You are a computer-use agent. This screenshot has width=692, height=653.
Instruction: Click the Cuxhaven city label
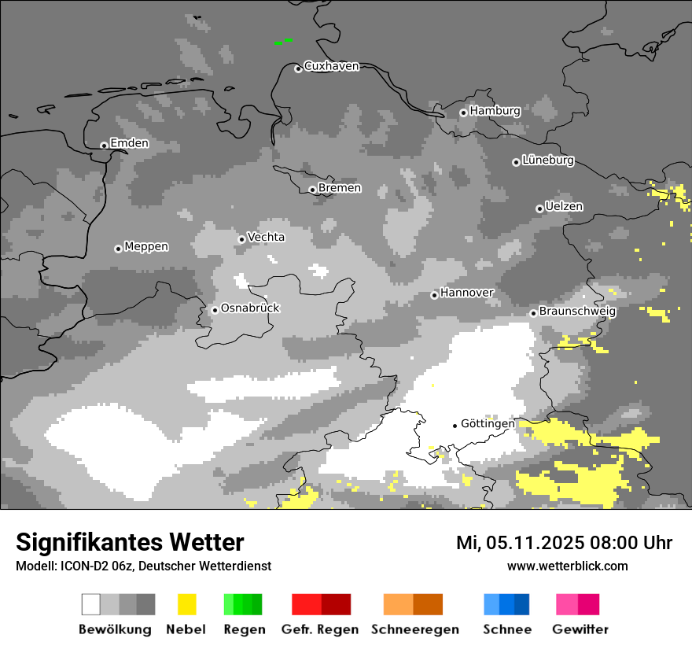[x=331, y=67]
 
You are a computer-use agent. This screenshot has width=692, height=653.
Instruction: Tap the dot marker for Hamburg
[x=463, y=113]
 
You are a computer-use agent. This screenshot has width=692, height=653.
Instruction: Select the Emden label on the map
[x=129, y=143]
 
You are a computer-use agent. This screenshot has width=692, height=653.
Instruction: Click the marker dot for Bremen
[x=312, y=190]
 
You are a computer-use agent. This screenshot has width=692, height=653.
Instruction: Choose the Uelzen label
[x=564, y=207]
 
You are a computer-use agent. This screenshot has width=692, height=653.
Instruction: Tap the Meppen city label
[x=146, y=247]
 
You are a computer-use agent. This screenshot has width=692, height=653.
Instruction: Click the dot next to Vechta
[x=241, y=239]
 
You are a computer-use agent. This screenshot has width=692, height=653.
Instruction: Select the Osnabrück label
[x=250, y=308]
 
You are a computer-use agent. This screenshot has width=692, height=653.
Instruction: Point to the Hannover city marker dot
[x=434, y=295]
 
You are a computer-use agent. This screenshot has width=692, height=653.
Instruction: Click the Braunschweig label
[x=577, y=312]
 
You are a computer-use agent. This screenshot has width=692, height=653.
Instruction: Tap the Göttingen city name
[x=488, y=424]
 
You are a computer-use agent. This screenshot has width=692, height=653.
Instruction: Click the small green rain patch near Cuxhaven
[x=283, y=42]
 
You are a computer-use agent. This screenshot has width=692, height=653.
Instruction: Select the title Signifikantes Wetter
[x=130, y=542]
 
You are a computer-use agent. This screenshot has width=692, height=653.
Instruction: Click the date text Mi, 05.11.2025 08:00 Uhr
[x=564, y=543]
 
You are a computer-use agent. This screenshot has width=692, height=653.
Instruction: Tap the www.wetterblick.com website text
[x=567, y=566]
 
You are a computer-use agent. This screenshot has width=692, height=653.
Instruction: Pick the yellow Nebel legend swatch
[x=186, y=604]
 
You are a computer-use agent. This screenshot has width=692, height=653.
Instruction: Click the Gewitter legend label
[x=580, y=629]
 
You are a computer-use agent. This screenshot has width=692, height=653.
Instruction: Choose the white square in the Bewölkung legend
[x=91, y=604]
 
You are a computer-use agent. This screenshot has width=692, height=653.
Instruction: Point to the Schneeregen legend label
[x=415, y=629]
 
